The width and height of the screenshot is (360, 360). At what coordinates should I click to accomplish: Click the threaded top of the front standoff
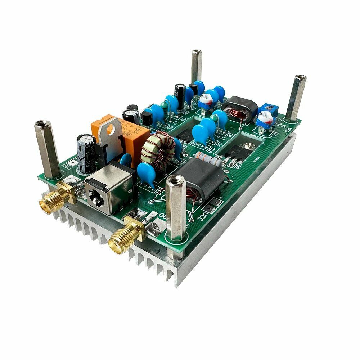click(x=176, y=180)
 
